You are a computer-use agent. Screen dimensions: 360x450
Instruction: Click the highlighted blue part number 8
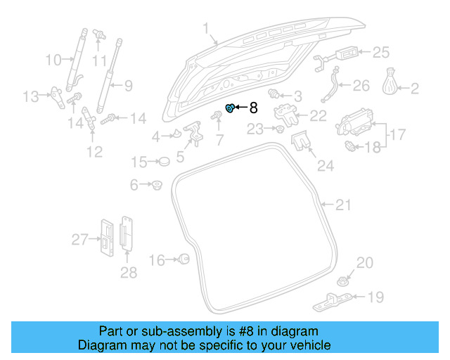229,108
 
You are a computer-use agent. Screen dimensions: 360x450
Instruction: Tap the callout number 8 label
254,108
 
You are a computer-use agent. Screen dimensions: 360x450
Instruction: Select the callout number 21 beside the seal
342,205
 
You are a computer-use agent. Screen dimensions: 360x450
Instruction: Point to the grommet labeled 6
157,186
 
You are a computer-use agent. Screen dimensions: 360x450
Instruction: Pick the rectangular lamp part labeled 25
348,53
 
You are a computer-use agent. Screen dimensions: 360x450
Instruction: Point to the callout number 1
206,29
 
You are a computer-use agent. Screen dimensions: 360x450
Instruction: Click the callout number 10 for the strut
53,60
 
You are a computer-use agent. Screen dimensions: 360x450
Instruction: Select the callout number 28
128,273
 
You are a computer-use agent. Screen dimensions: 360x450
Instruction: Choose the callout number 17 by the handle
397,133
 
